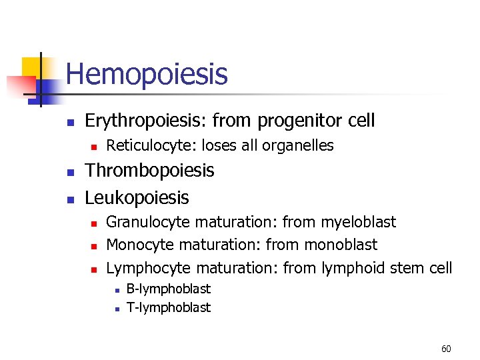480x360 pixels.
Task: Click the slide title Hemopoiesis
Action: (147, 74)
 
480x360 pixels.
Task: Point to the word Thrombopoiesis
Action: (149, 171)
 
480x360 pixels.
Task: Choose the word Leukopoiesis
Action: (137, 198)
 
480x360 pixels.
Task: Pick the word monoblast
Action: (340, 245)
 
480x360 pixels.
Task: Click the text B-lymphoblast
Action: (168, 289)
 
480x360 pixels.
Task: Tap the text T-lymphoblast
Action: (168, 307)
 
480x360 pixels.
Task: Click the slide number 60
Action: (446, 349)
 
